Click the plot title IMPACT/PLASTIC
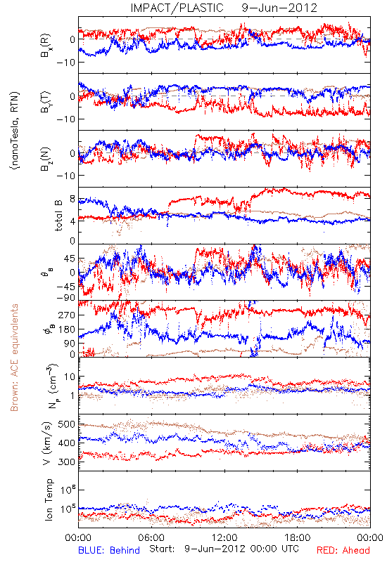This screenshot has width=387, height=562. point(177,8)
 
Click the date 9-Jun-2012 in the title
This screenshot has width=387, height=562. point(279,8)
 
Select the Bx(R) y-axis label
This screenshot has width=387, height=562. point(46,45)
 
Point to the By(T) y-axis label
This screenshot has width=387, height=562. point(46,102)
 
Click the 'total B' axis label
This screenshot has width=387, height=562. point(58,216)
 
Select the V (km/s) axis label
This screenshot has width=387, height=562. point(47,443)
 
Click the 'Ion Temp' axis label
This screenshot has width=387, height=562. point(49,499)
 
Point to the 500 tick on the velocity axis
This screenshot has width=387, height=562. point(66,424)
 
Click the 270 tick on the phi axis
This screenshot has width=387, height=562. point(66,315)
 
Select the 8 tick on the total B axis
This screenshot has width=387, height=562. point(72,200)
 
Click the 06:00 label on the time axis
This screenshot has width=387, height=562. point(151,537)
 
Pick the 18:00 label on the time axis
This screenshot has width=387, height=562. point(297,537)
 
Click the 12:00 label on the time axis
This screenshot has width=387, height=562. point(224,537)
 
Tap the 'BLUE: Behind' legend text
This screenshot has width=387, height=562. point(109,550)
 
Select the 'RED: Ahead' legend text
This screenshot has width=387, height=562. point(343,550)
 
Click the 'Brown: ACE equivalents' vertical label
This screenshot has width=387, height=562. point(14,358)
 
